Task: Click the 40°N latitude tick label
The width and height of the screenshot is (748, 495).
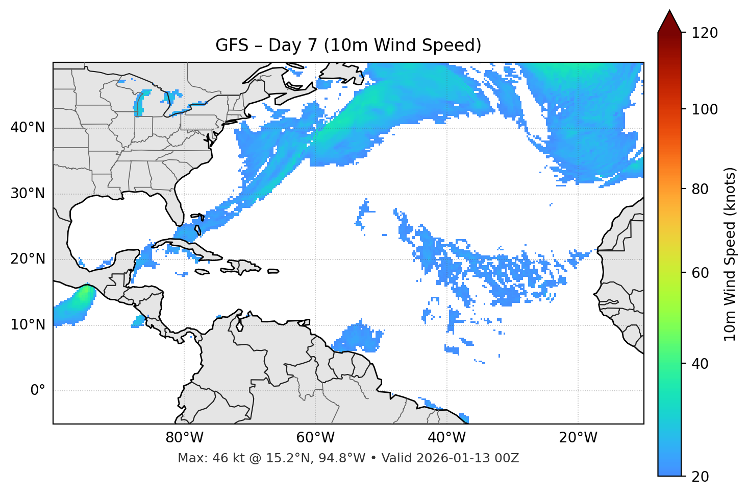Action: [28, 128]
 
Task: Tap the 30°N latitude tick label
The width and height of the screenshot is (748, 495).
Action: [28, 194]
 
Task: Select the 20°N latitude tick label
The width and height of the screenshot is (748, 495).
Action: [28, 259]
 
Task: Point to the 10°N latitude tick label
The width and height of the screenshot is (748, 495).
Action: [28, 325]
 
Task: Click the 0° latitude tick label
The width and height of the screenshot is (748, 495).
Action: [38, 391]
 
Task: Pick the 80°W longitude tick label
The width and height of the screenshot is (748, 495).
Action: [184, 438]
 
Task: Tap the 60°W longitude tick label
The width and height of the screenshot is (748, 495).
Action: [315, 438]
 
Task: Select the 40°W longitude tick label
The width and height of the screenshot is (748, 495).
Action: [446, 438]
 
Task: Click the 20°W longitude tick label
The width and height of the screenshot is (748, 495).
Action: [578, 438]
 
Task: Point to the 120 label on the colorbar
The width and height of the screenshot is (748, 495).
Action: [704, 33]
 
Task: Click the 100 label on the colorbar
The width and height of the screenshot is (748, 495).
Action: [704, 109]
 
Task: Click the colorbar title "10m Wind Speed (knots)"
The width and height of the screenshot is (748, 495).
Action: [730, 254]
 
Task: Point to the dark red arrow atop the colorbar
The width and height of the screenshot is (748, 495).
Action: [669, 21]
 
